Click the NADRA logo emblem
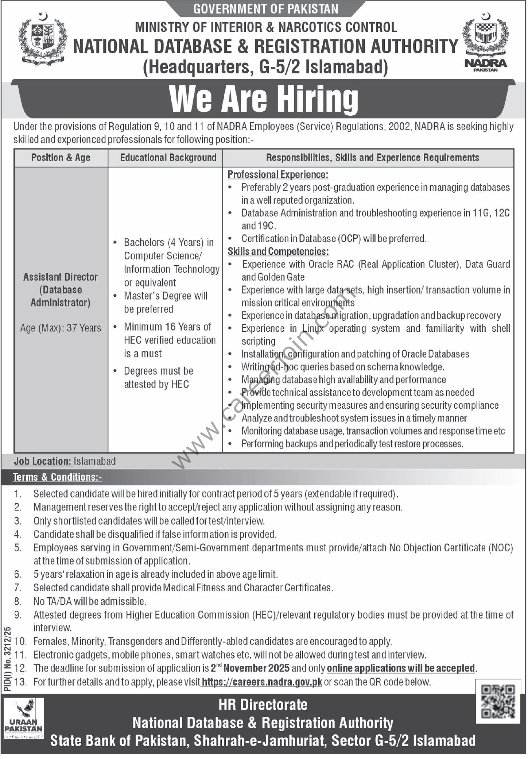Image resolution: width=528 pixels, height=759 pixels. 485,42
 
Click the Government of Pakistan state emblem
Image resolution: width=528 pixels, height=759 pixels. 43,39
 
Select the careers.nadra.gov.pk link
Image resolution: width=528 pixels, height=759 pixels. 261,682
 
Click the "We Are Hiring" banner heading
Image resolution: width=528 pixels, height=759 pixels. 264,99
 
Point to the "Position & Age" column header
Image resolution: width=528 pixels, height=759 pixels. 61,158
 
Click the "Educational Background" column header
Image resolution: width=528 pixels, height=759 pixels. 168,158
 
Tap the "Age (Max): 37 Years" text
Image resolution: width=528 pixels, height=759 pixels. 61,328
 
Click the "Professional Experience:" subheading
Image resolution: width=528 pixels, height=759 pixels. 278,174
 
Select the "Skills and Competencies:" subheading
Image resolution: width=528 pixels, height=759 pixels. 278,251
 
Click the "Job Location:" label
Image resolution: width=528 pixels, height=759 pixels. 43,461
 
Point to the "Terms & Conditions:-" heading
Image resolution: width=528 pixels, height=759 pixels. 57,477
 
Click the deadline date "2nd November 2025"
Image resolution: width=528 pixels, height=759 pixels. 250,668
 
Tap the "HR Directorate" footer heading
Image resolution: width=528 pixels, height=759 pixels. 263,704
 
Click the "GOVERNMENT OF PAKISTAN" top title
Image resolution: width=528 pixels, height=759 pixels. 266,9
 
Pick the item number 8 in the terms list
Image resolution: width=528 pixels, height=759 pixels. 18,601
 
